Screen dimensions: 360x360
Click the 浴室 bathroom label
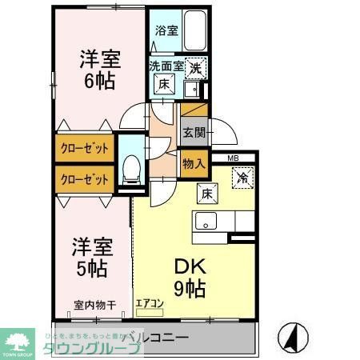pos(166,33)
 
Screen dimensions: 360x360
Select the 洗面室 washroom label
pos(166,66)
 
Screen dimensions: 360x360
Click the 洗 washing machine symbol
pos(196,70)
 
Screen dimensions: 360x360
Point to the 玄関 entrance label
pos(193,132)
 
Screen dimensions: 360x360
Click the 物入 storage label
pos(194,163)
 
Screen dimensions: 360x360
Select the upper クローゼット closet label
pos(84,149)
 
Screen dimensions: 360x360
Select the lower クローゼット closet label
pos(84,179)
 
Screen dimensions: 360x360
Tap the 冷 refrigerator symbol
pos(242,178)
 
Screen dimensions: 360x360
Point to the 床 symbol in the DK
pos(204,192)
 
